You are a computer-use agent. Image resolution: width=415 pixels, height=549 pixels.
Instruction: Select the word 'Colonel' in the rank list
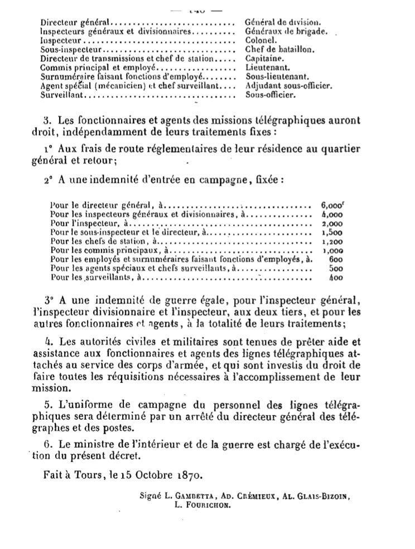point(258,41)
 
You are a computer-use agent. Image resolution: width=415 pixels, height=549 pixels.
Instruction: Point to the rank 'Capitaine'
point(263,59)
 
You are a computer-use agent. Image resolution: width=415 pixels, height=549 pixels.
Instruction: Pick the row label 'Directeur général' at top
point(75,22)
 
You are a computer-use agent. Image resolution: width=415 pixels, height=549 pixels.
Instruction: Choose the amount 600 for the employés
point(335,260)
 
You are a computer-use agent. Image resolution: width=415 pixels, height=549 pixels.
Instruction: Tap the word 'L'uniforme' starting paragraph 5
point(75,402)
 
